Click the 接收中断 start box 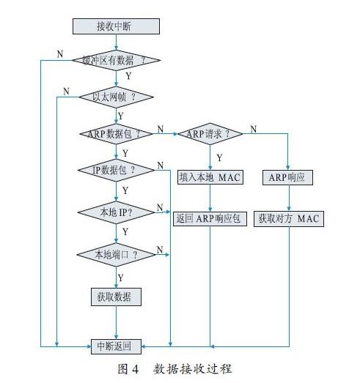(x=116, y=27)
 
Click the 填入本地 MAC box (x=210, y=176)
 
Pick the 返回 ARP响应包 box (x=210, y=218)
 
